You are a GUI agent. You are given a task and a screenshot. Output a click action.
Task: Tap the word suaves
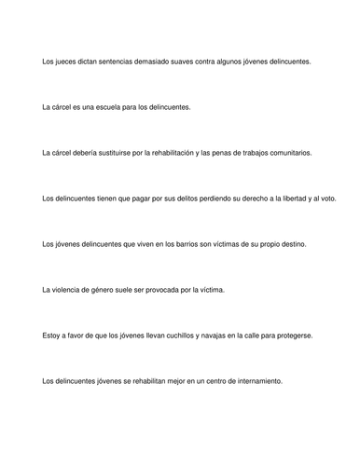point(194,62)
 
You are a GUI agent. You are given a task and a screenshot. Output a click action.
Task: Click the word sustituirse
point(130,152)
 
